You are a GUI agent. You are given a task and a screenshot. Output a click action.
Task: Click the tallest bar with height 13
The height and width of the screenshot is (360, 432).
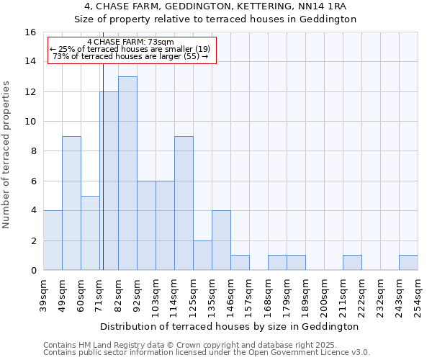point(127,173)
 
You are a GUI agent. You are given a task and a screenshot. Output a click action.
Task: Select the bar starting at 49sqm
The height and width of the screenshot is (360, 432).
point(71,203)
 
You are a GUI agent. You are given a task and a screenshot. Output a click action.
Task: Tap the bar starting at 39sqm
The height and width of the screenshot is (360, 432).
point(53,240)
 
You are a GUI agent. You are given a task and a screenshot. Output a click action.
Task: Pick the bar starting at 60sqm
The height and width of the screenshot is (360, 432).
point(90,233)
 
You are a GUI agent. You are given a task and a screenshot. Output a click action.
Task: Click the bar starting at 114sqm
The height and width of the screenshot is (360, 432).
point(184,203)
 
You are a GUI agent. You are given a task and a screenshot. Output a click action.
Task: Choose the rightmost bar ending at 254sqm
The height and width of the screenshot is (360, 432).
point(408,263)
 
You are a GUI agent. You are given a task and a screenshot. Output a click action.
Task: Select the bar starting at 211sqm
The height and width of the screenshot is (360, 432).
point(352,263)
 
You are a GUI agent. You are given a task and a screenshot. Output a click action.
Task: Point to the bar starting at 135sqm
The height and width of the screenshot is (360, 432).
point(221,240)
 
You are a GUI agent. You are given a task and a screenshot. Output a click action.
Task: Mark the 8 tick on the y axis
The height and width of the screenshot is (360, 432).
point(33,151)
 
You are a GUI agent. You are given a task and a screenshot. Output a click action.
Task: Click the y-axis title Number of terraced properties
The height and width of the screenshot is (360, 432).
point(6,155)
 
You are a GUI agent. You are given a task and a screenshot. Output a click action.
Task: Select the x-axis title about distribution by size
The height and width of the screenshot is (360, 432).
point(230,326)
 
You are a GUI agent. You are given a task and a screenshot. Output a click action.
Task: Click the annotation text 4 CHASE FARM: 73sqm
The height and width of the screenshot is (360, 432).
point(130,42)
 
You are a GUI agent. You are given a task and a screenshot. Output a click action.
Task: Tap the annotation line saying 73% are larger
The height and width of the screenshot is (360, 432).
point(130,56)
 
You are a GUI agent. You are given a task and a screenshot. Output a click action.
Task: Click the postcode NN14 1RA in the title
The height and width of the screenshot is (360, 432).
point(330,6)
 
